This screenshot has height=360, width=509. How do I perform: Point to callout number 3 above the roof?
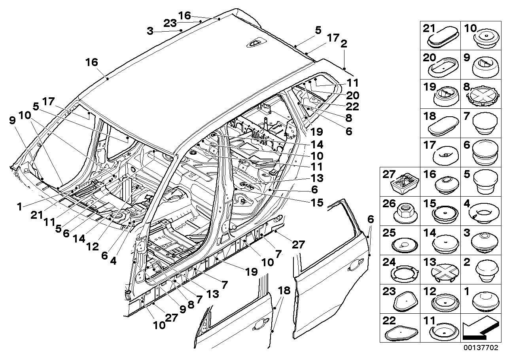click(149, 30)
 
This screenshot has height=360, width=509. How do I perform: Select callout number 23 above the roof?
click(170, 23)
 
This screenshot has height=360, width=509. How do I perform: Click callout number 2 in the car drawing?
click(344, 45)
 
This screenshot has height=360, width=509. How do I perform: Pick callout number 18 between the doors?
click(284, 291)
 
